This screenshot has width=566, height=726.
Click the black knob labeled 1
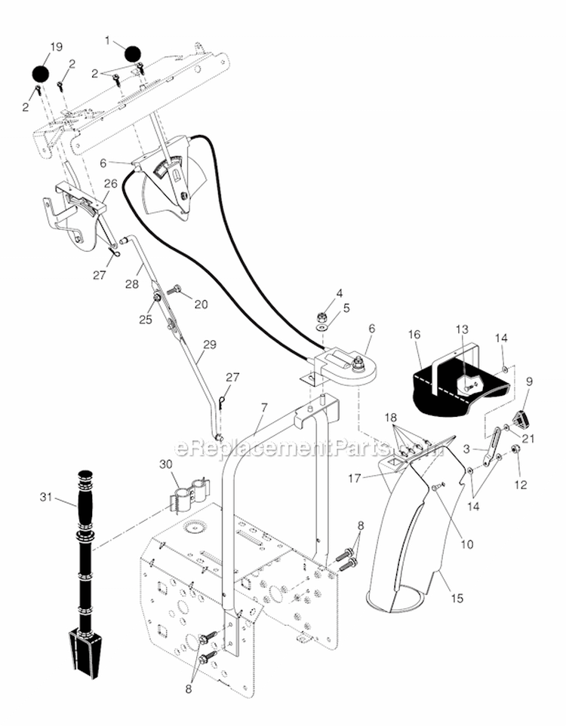pos(133,54)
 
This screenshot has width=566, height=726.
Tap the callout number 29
pos(210,344)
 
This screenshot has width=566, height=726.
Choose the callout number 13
pos(462,329)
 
